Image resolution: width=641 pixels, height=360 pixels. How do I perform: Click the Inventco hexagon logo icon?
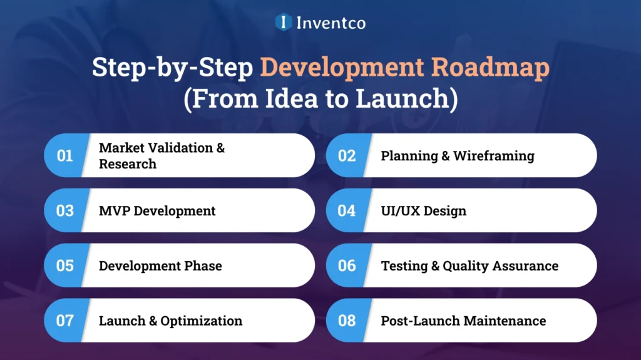click(x=284, y=23)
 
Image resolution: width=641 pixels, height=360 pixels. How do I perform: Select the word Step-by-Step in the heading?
click(x=173, y=68)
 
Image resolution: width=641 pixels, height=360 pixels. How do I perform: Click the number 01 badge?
click(x=64, y=155)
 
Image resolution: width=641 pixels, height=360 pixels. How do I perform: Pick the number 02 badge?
click(x=347, y=155)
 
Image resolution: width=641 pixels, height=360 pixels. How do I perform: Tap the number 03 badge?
click(x=64, y=210)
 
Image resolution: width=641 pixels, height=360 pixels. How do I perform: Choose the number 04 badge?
click(x=347, y=210)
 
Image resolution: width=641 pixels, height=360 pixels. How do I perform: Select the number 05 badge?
click(x=64, y=265)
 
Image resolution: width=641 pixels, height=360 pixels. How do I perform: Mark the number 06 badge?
click(x=347, y=265)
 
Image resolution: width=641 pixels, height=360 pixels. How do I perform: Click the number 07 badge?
click(x=64, y=321)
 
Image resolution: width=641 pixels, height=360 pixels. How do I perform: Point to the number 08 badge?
click(x=347, y=321)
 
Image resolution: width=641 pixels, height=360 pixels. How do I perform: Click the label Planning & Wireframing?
click(x=458, y=156)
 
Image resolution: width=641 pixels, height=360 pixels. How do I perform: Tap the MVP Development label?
click(x=157, y=211)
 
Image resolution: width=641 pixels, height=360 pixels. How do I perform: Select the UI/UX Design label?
click(x=424, y=211)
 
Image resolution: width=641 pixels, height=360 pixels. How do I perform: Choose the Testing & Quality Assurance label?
click(x=469, y=266)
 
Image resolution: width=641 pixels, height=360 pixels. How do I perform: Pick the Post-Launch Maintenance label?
click(x=463, y=321)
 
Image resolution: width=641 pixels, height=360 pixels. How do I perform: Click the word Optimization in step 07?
click(x=202, y=321)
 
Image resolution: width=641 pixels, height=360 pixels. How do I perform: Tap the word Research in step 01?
click(x=128, y=164)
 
